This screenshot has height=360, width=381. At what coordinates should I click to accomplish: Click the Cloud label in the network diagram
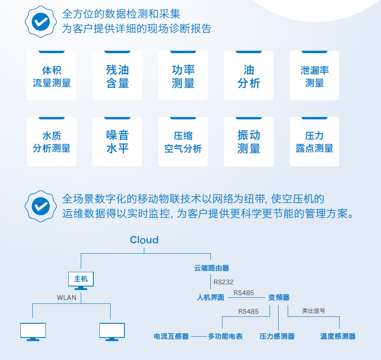[x=144, y=240]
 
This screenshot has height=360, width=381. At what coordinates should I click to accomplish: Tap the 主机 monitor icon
[x=81, y=281]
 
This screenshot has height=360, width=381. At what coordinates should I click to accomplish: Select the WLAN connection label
[x=67, y=297]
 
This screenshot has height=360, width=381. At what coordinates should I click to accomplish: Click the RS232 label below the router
[x=223, y=282]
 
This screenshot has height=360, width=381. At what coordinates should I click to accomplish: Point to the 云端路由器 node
[x=212, y=268]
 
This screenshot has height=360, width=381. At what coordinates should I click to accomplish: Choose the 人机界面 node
[x=210, y=297]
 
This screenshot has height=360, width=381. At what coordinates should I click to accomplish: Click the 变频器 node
[x=279, y=297]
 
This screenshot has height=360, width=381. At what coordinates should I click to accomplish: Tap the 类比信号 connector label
[x=314, y=311]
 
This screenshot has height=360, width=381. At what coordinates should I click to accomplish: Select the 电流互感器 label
[x=171, y=336]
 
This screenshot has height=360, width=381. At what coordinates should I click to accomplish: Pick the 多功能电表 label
[x=225, y=336]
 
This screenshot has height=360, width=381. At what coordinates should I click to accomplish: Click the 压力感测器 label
[x=277, y=336]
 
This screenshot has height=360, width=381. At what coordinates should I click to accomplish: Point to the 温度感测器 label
[x=338, y=336]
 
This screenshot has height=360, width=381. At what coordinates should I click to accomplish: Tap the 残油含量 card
[x=117, y=75]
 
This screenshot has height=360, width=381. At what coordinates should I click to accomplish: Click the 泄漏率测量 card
[x=314, y=75]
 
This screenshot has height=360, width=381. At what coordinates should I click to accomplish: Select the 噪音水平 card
[x=117, y=142]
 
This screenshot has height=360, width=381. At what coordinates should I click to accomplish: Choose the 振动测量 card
[x=248, y=142]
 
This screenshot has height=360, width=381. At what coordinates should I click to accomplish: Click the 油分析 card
[x=248, y=75]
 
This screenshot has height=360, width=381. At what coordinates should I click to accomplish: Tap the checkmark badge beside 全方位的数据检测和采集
[x=41, y=22]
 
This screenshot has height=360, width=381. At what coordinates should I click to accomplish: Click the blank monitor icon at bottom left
[x=33, y=332]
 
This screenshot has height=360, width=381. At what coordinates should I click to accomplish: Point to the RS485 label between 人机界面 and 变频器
[x=244, y=293]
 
